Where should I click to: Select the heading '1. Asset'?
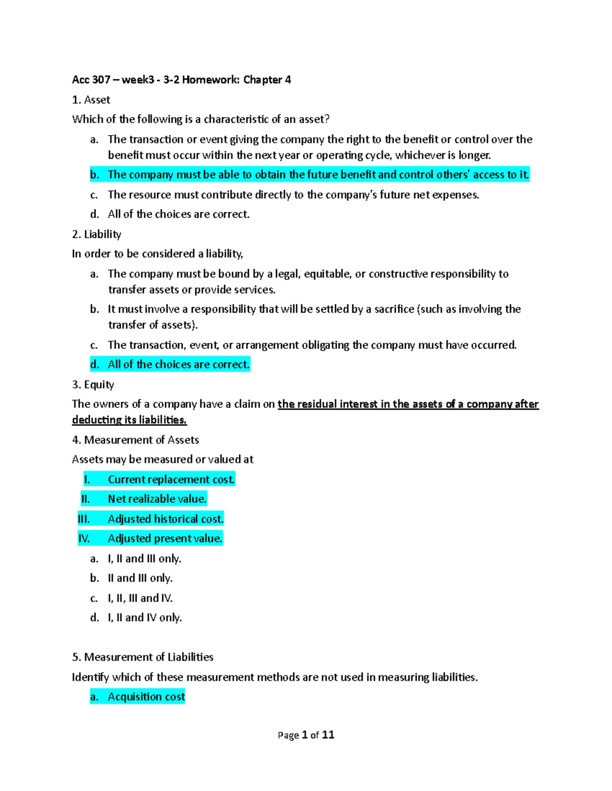tap(91, 100)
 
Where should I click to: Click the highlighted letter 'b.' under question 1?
tap(94, 175)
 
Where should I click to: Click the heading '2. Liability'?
tap(97, 234)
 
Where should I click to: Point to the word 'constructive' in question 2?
tap(398, 274)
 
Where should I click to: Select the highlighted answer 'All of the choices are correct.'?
tap(178, 365)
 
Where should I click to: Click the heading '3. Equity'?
tap(93, 385)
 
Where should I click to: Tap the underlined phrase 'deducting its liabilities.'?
tap(130, 420)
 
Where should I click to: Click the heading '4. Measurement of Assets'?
tap(136, 440)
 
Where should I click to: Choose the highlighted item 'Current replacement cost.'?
tap(171, 480)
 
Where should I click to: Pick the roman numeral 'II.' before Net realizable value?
tap(85, 499)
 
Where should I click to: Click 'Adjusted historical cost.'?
tap(166, 519)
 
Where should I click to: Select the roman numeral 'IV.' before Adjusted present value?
tap(84, 539)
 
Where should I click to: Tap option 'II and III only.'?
tap(140, 579)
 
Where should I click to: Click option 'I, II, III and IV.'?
tap(140, 598)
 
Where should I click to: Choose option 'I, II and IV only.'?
tap(145, 618)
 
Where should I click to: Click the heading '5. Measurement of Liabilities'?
tap(143, 658)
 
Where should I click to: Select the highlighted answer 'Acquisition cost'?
tap(146, 697)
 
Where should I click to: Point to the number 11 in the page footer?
tap(328, 735)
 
